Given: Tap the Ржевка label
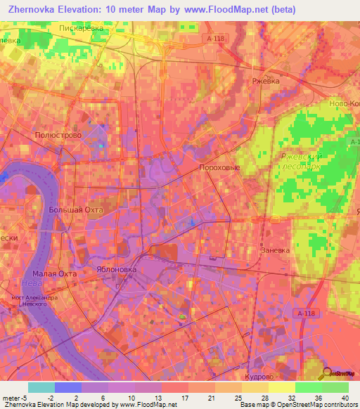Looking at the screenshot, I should [x=265, y=81].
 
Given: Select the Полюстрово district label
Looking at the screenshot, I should [x=58, y=134].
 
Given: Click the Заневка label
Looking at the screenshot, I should [x=276, y=249].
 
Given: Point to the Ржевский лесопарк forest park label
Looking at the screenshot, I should [x=301, y=162].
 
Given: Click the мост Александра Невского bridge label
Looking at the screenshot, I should [x=34, y=301].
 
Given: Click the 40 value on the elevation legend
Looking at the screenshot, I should [x=345, y=398].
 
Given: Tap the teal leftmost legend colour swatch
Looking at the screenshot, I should [x=41, y=387].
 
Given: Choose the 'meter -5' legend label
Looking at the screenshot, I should [x=14, y=398].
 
